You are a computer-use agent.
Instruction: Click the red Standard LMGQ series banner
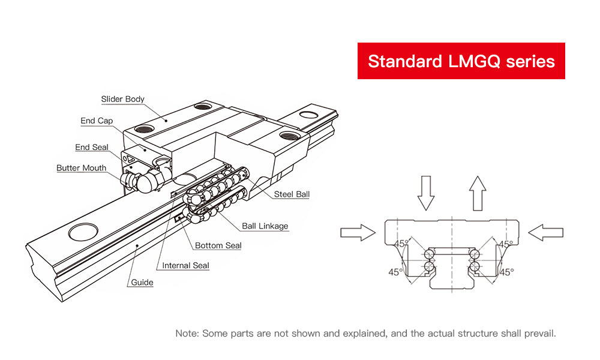[x=461, y=61]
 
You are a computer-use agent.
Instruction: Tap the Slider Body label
[x=122, y=99]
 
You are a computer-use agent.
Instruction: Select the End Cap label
[x=97, y=121]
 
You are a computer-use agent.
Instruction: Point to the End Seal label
[x=92, y=147]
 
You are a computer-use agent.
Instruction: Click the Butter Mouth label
[x=81, y=168]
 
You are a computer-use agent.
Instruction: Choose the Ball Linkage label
[x=265, y=226]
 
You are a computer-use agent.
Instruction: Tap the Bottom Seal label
[x=218, y=245]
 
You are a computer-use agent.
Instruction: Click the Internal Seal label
[x=185, y=265]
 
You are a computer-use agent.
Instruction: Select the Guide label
[x=142, y=282]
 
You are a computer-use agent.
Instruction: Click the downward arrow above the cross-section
[x=425, y=193]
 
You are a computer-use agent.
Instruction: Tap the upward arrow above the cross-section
[x=477, y=192]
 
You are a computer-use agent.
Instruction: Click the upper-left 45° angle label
[x=401, y=244]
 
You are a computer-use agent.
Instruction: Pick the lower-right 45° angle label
[x=507, y=272]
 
